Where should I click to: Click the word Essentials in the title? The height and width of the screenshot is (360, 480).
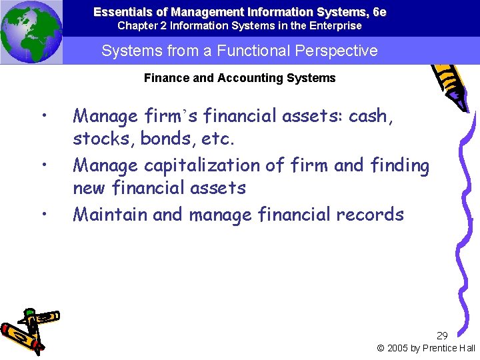pyautogui.click(x=118, y=12)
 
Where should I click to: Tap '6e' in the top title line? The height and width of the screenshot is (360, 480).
pyautogui.click(x=379, y=12)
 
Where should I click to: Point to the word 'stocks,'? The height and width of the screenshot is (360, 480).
pyautogui.click(x=101, y=140)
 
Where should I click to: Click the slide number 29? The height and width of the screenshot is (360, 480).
pyautogui.click(x=442, y=335)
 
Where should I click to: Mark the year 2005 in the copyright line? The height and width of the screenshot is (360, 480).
pyautogui.click(x=398, y=348)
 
